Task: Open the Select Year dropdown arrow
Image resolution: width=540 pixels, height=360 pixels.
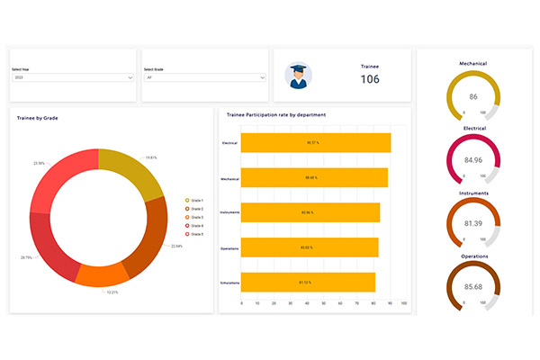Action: [x=131, y=78]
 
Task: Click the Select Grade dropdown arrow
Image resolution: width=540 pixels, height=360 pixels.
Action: [x=263, y=78]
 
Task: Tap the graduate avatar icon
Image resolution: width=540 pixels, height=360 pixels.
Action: [x=299, y=76]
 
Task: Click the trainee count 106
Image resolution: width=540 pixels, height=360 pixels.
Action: [x=370, y=79]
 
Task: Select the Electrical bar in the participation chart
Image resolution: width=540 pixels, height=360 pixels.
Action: [x=316, y=143]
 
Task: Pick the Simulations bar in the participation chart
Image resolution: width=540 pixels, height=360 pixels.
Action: [x=309, y=282]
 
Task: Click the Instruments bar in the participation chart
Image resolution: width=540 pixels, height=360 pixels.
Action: [x=310, y=212]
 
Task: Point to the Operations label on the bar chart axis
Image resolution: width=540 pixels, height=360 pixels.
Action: [x=229, y=247]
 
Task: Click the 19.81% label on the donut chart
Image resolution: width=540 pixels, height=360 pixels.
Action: [x=151, y=157]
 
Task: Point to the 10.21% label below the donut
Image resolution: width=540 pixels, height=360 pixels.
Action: [x=112, y=292]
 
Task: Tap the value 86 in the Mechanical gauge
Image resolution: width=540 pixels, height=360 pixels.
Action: [x=473, y=96]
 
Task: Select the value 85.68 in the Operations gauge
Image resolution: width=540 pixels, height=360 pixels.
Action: [x=473, y=288]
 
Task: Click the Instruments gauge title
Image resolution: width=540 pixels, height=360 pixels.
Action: [x=473, y=193]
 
